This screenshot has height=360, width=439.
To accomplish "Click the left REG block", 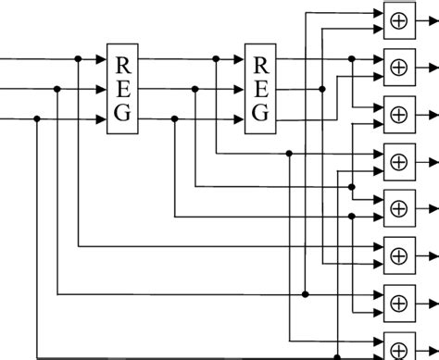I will pyautogui.click(x=122, y=89).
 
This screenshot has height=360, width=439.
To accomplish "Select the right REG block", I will pyautogui.click(x=260, y=89).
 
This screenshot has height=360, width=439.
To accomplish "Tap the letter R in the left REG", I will pyautogui.click(x=122, y=65).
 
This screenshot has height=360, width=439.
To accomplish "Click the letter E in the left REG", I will pyautogui.click(x=122, y=89).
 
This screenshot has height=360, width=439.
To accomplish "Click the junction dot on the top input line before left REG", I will pyautogui.click(x=78, y=59).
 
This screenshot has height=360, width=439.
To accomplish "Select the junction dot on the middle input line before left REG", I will pyautogui.click(x=57, y=90).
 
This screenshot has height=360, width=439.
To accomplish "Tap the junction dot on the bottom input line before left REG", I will pyautogui.click(x=37, y=120).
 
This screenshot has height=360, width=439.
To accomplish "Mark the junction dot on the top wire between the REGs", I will pyautogui.click(x=216, y=59).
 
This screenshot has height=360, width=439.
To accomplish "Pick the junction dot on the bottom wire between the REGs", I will pyautogui.click(x=175, y=120).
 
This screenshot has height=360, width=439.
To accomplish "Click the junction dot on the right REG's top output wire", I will pyautogui.click(x=352, y=59).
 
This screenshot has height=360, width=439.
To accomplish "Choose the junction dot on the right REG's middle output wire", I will pyautogui.click(x=321, y=90).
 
